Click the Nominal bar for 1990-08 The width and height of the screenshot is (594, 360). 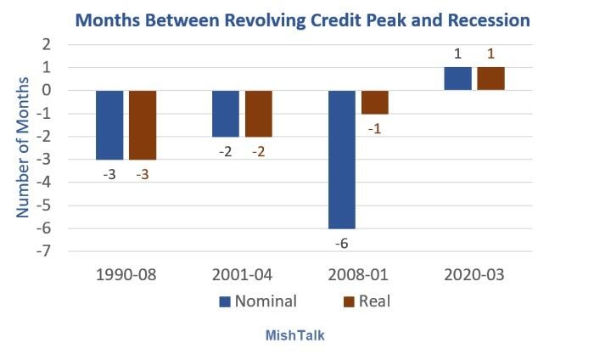[x=109, y=125]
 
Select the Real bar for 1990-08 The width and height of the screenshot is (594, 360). [x=143, y=125]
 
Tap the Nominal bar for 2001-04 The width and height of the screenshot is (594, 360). [x=225, y=113]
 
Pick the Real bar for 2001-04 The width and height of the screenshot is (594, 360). [x=259, y=113]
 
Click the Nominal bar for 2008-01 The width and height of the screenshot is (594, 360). [x=342, y=160]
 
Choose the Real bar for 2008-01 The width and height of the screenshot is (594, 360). [x=375, y=102]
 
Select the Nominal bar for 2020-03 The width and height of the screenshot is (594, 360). [x=457, y=78]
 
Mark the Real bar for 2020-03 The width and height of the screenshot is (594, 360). [x=490, y=78]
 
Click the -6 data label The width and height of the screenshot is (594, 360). [x=342, y=244]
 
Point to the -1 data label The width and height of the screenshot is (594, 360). [x=375, y=128]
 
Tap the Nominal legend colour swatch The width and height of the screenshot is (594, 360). [x=226, y=301]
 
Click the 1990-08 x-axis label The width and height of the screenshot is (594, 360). [x=126, y=276]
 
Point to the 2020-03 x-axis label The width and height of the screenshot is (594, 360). [x=475, y=276]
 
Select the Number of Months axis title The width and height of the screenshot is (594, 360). [x=24, y=149]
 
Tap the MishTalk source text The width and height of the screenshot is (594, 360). [x=296, y=335]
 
